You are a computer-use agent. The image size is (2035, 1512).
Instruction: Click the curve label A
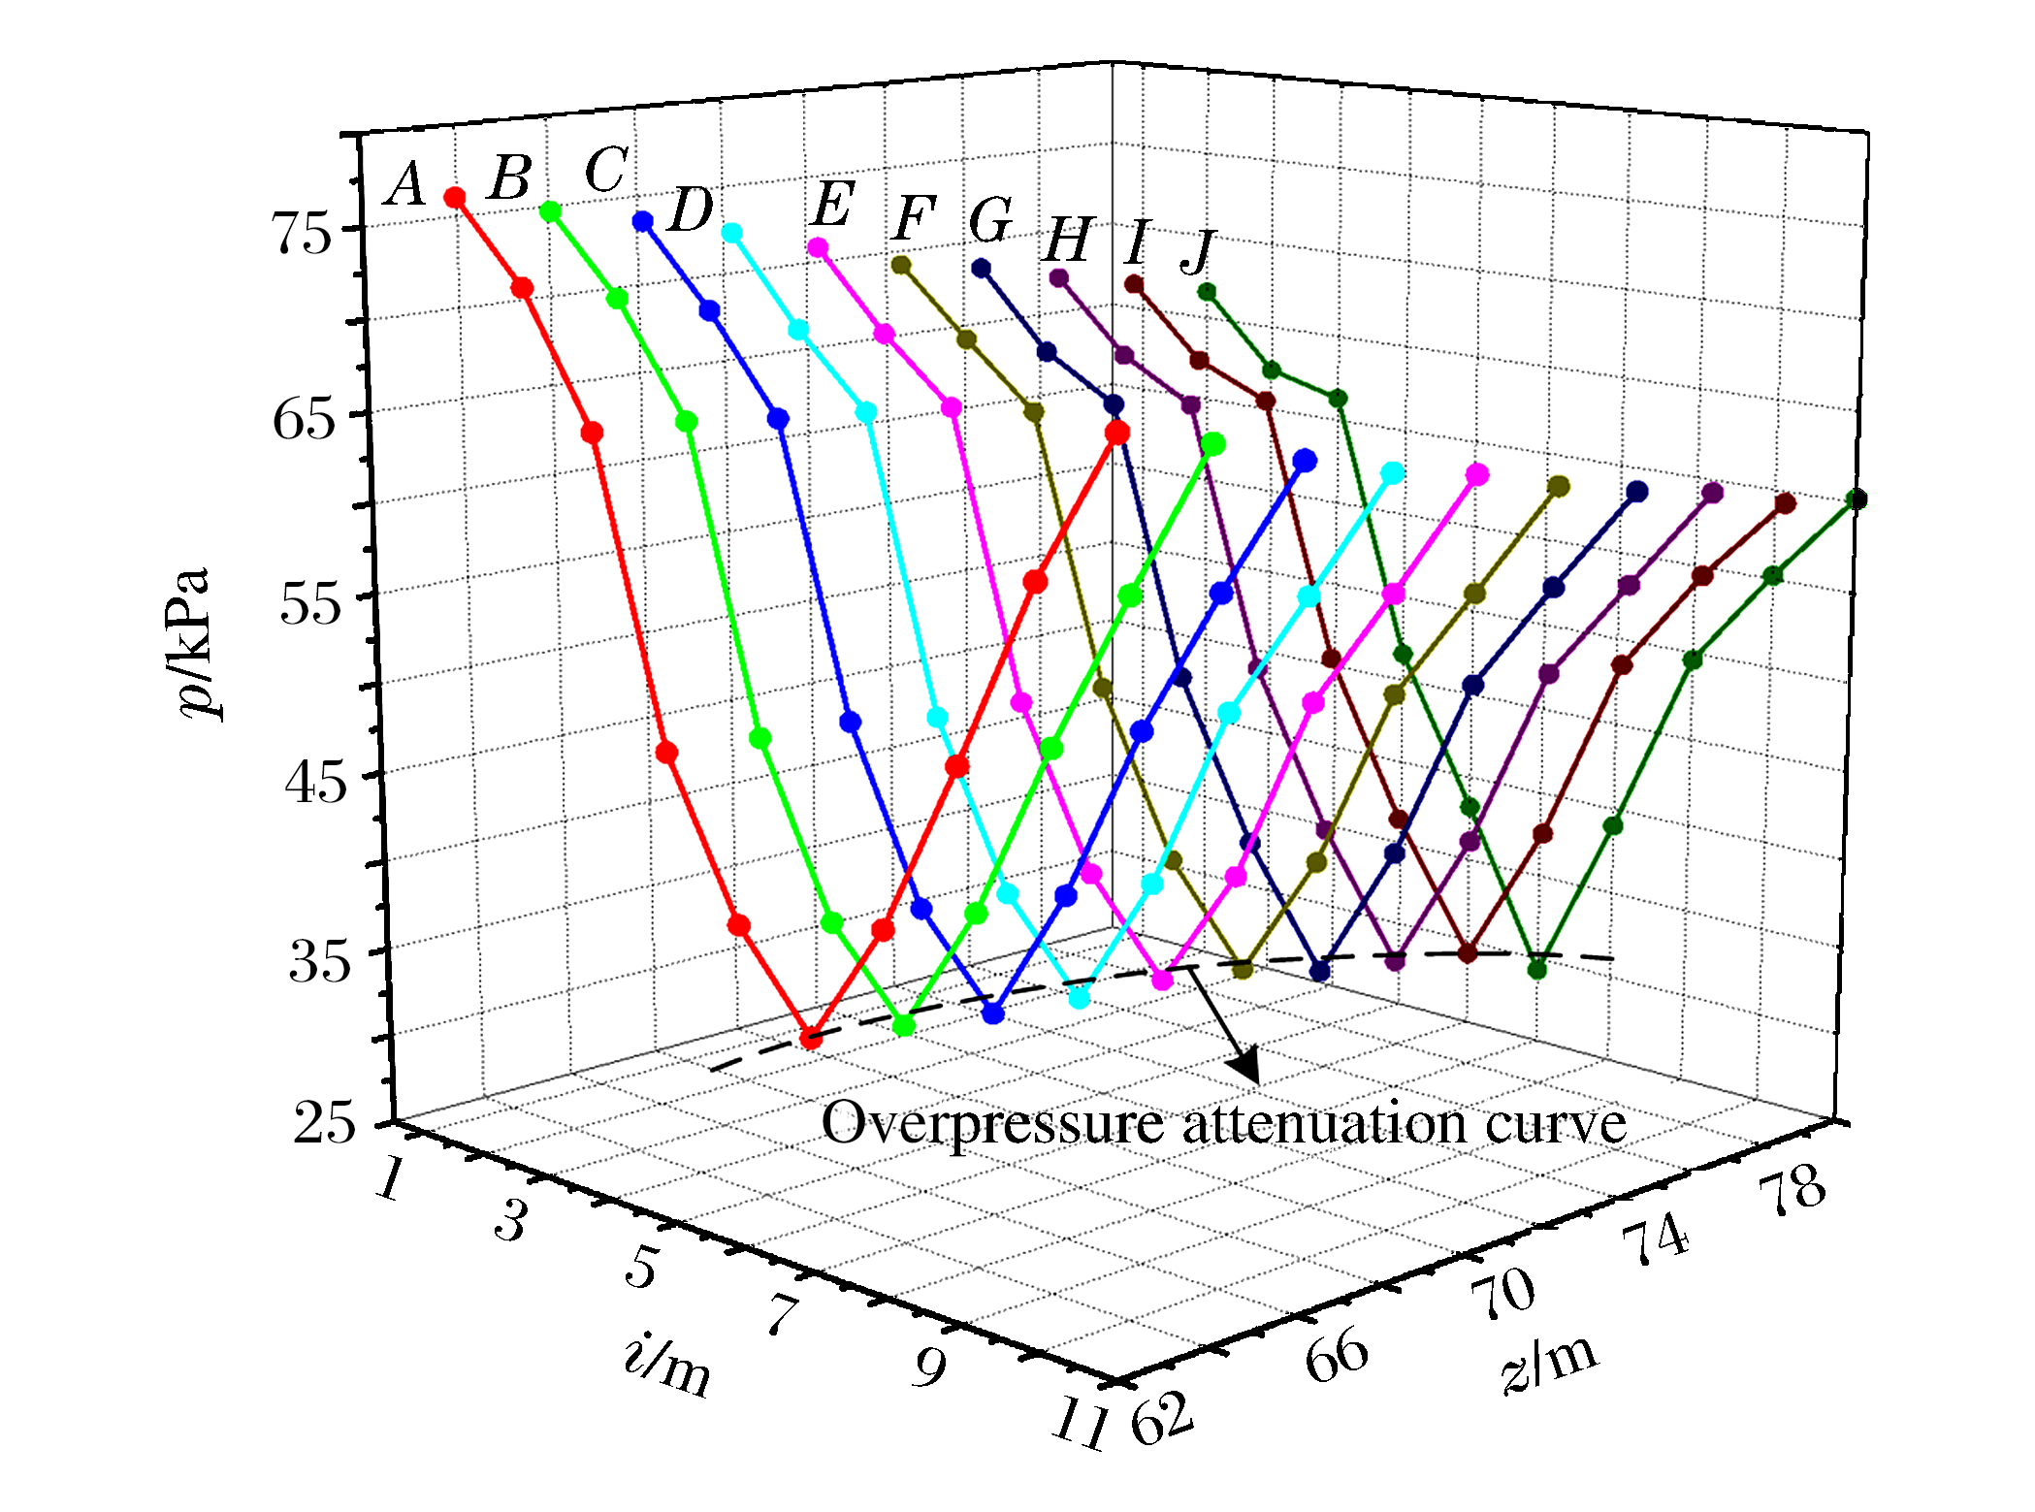405,184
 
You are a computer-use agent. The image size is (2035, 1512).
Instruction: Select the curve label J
1199,252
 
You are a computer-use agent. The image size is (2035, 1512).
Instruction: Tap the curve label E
832,205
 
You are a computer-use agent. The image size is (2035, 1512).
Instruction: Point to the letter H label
1068,240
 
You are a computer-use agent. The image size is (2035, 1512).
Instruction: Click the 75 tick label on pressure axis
304,233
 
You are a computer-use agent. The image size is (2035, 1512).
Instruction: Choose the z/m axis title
1549,1361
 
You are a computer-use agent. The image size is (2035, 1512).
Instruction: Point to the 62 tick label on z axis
1163,1419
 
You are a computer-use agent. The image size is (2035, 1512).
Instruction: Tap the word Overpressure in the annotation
991,1123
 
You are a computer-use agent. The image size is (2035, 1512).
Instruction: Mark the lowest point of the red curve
811,1039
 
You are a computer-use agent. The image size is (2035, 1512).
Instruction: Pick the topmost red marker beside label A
454,198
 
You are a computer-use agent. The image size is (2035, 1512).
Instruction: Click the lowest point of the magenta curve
1162,980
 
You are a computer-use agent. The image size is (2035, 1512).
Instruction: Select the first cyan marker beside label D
731,233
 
